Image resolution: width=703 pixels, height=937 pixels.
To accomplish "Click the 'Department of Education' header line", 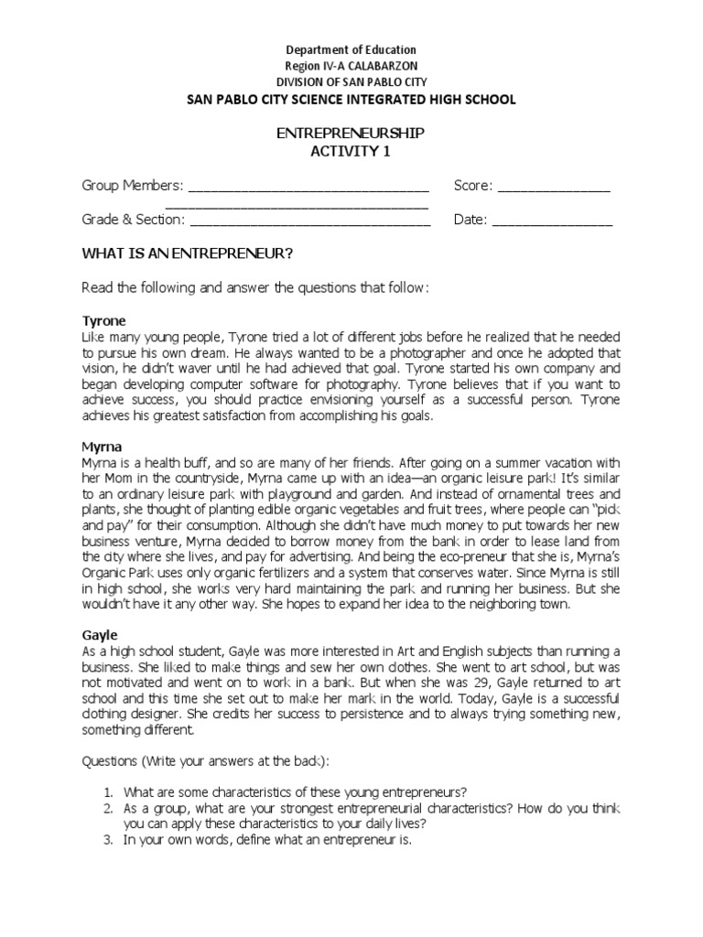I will click(x=351, y=49).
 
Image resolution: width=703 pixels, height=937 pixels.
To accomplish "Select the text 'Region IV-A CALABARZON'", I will click(x=351, y=66).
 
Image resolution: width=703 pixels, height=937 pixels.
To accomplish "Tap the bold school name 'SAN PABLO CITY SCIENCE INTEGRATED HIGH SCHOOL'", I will click(x=351, y=99).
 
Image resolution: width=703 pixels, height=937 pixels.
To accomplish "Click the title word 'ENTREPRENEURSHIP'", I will click(x=351, y=134).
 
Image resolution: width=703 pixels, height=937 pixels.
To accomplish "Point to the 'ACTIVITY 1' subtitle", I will click(x=351, y=151).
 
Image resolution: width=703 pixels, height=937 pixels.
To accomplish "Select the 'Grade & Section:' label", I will click(x=134, y=220).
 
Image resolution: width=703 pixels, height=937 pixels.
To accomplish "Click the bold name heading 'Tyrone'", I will click(x=103, y=321).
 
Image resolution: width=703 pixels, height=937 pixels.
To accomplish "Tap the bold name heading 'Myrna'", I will click(x=102, y=447).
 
